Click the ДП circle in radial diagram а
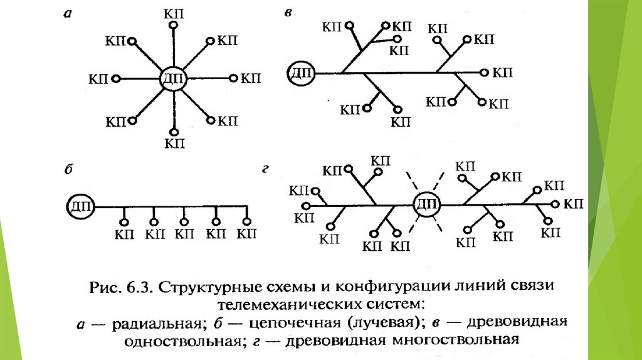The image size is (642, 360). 173,78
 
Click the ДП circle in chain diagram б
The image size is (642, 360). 81,206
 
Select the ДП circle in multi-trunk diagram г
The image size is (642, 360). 427,204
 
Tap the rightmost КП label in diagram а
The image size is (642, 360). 250,78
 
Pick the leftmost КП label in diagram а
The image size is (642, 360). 98,79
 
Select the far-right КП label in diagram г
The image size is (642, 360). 574,204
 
